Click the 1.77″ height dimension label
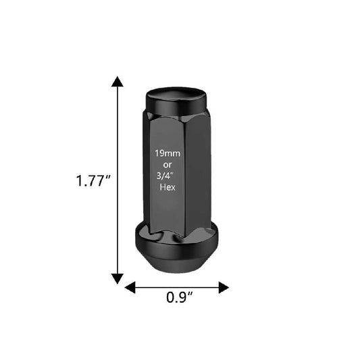click(93, 180)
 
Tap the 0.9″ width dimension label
click(179, 297)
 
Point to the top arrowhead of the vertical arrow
click(118, 82)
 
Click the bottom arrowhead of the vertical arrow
click(118, 279)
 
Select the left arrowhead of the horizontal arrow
click(130, 288)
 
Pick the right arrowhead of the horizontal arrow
click(224, 288)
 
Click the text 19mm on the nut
click(168, 153)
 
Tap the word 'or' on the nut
click(168, 165)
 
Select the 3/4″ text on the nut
click(165, 176)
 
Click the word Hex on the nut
click(168, 187)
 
